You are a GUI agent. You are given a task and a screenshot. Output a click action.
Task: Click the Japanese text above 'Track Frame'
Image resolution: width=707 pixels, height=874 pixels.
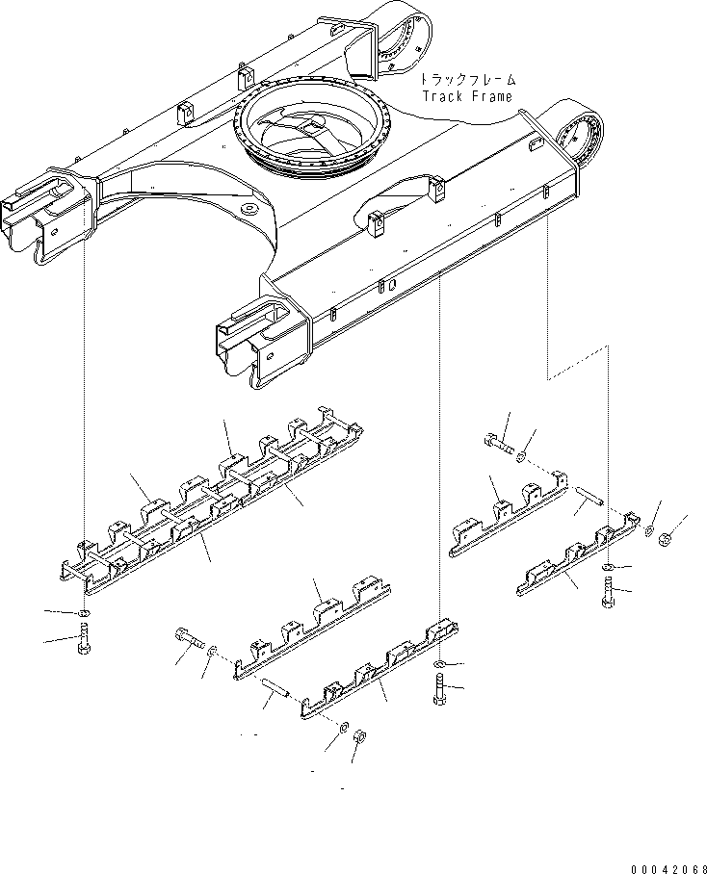pyautogui.click(x=468, y=79)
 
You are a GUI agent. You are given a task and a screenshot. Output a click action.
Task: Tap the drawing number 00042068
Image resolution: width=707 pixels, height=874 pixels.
pyautogui.click(x=668, y=868)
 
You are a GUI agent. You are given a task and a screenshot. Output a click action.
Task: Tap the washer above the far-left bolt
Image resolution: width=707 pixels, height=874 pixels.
pyautogui.click(x=84, y=614)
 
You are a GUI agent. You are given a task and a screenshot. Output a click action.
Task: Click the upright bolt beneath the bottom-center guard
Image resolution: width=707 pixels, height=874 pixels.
pyautogui.click(x=440, y=689)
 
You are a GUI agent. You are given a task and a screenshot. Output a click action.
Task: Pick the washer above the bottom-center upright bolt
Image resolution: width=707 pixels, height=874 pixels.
pyautogui.click(x=439, y=663)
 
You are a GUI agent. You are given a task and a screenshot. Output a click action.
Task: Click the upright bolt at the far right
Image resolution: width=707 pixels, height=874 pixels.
pyautogui.click(x=609, y=592)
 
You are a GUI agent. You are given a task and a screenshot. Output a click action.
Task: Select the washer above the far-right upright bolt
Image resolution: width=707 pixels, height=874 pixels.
pyautogui.click(x=608, y=568)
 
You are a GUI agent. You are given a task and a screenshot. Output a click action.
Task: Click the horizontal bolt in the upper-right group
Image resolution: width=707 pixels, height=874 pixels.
pyautogui.click(x=498, y=444)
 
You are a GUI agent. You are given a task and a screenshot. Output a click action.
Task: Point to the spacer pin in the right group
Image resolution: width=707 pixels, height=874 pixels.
pyautogui.click(x=589, y=494)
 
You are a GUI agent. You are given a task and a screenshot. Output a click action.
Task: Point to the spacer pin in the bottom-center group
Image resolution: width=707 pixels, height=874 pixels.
pyautogui.click(x=276, y=686)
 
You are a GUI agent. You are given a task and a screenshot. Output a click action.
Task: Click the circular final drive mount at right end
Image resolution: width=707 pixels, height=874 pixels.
pyautogui.click(x=581, y=137)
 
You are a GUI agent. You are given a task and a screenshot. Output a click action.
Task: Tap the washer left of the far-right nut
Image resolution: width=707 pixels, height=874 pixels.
pyautogui.click(x=649, y=530)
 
